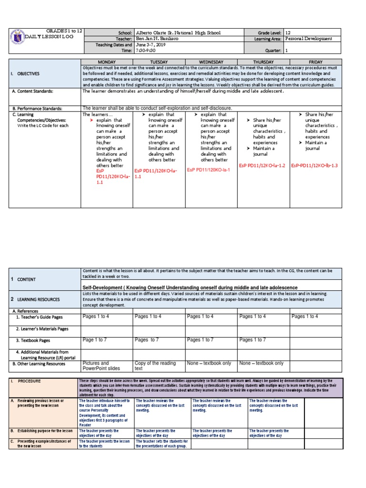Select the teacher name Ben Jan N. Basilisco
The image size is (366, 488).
coord(157,39)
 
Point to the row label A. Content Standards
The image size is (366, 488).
coord(33,91)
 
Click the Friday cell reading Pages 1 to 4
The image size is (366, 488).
coord(305,316)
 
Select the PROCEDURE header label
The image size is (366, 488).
coord(29,381)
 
